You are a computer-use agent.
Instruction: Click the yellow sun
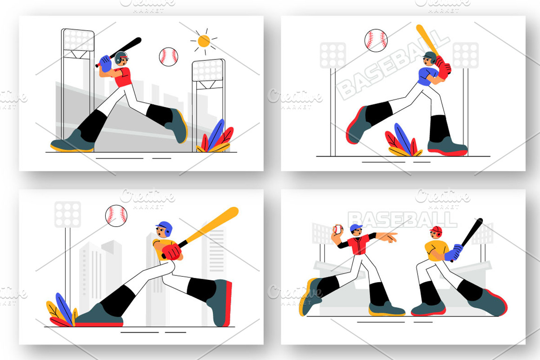pyautogui.click(x=204, y=41)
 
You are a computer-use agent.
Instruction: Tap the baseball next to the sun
pyautogui.click(x=168, y=57)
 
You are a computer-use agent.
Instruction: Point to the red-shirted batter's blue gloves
pyautogui.click(x=106, y=63)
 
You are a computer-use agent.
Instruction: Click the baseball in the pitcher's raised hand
pyautogui.click(x=338, y=229)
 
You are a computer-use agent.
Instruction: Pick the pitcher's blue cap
pyautogui.click(x=356, y=227)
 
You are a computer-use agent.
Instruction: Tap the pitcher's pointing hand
pyautogui.click(x=389, y=237)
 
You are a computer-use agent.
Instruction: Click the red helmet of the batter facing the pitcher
pyautogui.click(x=436, y=231)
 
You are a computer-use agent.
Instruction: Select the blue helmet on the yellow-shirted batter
pyautogui.click(x=165, y=228)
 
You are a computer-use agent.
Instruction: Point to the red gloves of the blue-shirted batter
pyautogui.click(x=443, y=67)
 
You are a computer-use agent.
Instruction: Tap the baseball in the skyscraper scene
pyautogui.click(x=116, y=216)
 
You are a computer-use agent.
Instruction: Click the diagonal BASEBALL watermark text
pyautogui.click(x=393, y=65)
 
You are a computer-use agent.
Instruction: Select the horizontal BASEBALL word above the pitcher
pyautogui.click(x=403, y=220)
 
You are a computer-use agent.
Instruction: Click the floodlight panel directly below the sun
pyautogui.click(x=208, y=70)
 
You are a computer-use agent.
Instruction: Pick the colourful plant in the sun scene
pyautogui.click(x=215, y=137)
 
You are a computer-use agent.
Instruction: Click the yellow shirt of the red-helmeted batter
pyautogui.click(x=435, y=250)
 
